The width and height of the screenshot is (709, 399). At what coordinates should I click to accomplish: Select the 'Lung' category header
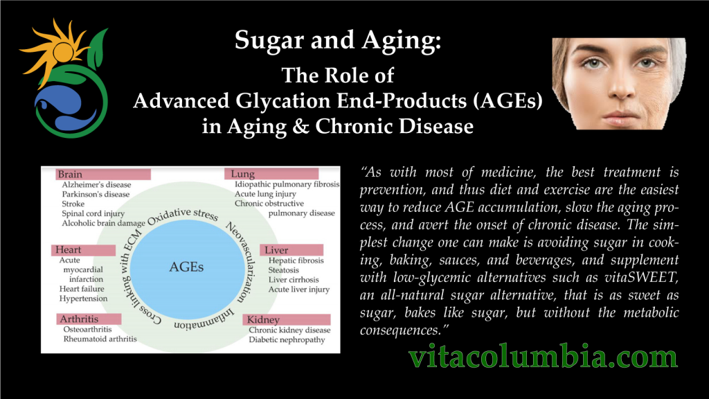(x=244, y=174)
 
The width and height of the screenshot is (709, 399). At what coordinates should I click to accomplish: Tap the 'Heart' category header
(x=69, y=249)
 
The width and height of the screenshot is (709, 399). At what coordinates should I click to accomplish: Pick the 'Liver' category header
(x=278, y=249)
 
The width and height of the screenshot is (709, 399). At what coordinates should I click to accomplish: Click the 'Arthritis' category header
(x=78, y=319)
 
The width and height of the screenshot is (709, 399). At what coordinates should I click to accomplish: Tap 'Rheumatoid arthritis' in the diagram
(x=100, y=339)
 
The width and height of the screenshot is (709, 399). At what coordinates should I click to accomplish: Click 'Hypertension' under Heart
(x=83, y=299)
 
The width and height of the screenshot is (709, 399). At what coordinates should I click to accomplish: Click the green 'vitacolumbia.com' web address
(x=542, y=357)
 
